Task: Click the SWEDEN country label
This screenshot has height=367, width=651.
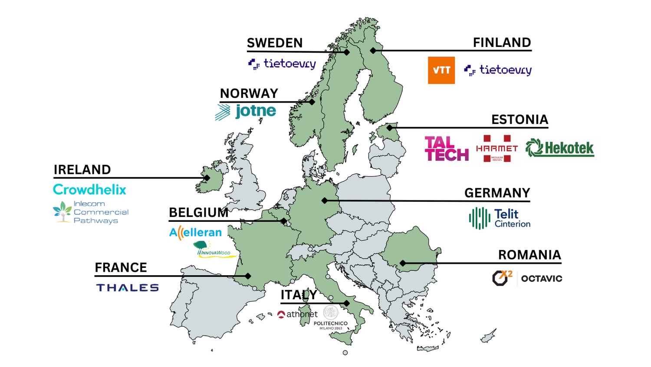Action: [x=275, y=43]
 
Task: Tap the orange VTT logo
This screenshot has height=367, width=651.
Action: [x=441, y=70]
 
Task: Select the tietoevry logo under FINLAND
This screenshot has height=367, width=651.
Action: [x=498, y=70]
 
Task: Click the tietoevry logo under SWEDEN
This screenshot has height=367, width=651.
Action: [x=282, y=64]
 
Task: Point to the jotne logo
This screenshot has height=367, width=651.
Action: [x=246, y=111]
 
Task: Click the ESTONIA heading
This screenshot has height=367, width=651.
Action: [x=519, y=120]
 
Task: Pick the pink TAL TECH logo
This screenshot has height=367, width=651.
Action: [x=447, y=149]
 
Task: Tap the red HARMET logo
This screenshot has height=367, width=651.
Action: [x=497, y=148]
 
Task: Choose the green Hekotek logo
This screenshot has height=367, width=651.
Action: [x=559, y=148]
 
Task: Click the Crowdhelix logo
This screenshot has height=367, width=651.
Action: [x=89, y=190]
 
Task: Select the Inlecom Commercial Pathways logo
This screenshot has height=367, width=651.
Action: [x=91, y=212]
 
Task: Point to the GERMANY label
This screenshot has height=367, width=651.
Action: [x=497, y=193]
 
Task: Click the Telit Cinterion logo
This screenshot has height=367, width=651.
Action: [x=500, y=218]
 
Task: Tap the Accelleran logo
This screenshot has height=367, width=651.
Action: [x=195, y=233]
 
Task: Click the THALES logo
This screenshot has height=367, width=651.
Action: [x=127, y=287]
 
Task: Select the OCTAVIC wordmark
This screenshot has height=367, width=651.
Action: [x=541, y=279]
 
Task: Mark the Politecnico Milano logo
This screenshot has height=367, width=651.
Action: [x=331, y=318]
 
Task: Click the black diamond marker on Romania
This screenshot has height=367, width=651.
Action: [x=403, y=263]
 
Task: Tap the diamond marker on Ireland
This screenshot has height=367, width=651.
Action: [x=207, y=178]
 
